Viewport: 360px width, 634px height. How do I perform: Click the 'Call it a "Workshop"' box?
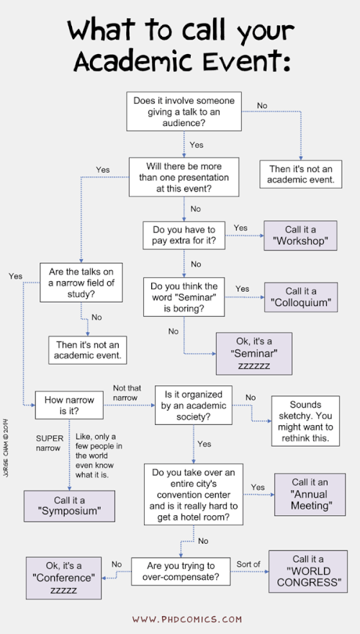pyautogui.click(x=300, y=236)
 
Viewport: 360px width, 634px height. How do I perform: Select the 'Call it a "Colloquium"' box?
pyautogui.click(x=301, y=297)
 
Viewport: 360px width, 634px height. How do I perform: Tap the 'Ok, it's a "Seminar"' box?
pyautogui.click(x=254, y=354)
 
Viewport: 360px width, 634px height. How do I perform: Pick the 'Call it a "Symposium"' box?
pyautogui.click(x=70, y=506)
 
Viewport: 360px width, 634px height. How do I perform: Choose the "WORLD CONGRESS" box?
pyautogui.click(x=308, y=571)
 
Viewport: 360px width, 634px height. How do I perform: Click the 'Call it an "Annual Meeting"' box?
pyautogui.click(x=310, y=494)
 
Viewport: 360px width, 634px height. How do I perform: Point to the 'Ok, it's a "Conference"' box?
pyautogui.click(x=64, y=578)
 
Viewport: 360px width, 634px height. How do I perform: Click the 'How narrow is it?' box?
pyautogui.click(x=69, y=405)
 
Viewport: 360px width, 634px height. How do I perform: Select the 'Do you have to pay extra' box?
pyautogui.click(x=184, y=236)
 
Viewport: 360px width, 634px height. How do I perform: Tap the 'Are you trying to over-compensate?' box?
pyautogui.click(x=181, y=571)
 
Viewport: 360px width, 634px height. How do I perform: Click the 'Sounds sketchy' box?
pyautogui.click(x=305, y=421)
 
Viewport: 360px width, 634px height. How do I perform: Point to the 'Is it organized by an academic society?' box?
pyautogui.click(x=194, y=405)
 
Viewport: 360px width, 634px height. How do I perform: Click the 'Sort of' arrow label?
pyautogui.click(x=248, y=563)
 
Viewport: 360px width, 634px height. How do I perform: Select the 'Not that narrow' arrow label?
pyautogui.click(x=127, y=393)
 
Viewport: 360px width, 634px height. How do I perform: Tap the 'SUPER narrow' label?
pyautogui.click(x=50, y=443)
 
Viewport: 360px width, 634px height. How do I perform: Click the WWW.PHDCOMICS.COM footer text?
pyautogui.click(x=187, y=619)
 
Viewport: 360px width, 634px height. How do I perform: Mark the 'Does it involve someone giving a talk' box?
pyautogui.click(x=184, y=111)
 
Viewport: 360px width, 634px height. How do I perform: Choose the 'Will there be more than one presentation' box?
pyautogui.click(x=184, y=177)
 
